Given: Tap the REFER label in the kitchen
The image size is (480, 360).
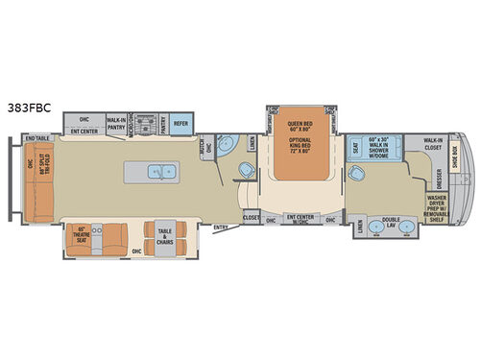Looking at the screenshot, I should pyautogui.click(x=180, y=124).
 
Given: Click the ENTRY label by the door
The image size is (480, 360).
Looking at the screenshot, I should pyautogui.click(x=222, y=227).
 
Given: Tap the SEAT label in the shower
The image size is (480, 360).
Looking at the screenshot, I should pyautogui.click(x=354, y=148).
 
